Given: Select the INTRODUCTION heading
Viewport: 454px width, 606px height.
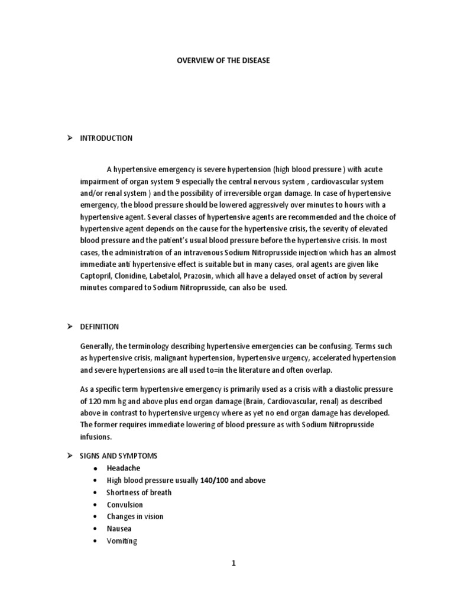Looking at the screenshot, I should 106,138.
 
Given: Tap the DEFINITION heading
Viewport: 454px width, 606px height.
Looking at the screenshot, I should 99,327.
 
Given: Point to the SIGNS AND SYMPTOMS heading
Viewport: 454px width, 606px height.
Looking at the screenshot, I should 118,456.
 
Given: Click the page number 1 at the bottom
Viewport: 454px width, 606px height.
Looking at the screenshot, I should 234,563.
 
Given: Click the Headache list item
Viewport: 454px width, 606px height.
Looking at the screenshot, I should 123,468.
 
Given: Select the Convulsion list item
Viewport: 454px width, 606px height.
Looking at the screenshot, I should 124,505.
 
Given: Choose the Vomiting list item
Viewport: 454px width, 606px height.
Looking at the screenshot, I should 121,541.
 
